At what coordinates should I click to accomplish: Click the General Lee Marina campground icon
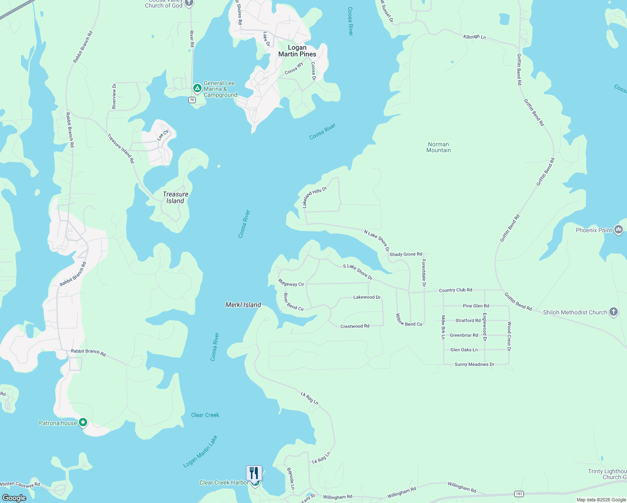(197, 88)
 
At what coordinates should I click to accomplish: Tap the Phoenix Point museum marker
(619, 230)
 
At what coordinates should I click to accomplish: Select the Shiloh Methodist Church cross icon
(614, 312)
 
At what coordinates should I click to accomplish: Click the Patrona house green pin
(83, 423)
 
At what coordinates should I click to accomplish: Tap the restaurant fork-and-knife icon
(254, 473)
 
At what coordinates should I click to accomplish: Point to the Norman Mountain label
(438, 147)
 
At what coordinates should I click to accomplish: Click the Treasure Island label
(175, 197)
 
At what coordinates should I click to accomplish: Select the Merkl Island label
(243, 305)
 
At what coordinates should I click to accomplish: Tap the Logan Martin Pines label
(297, 51)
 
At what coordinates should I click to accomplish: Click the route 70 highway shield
(192, 100)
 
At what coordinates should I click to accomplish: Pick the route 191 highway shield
(519, 494)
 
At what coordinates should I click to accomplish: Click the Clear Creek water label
(205, 415)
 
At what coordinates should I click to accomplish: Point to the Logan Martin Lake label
(200, 451)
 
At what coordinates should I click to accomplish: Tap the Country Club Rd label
(455, 290)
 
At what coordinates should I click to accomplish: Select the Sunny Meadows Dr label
(474, 364)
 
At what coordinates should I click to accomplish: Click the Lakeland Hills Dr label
(314, 197)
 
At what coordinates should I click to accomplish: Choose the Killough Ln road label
(474, 37)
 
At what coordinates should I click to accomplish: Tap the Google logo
(14, 498)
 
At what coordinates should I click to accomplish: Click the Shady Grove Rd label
(406, 254)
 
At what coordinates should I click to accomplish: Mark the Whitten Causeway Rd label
(20, 485)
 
